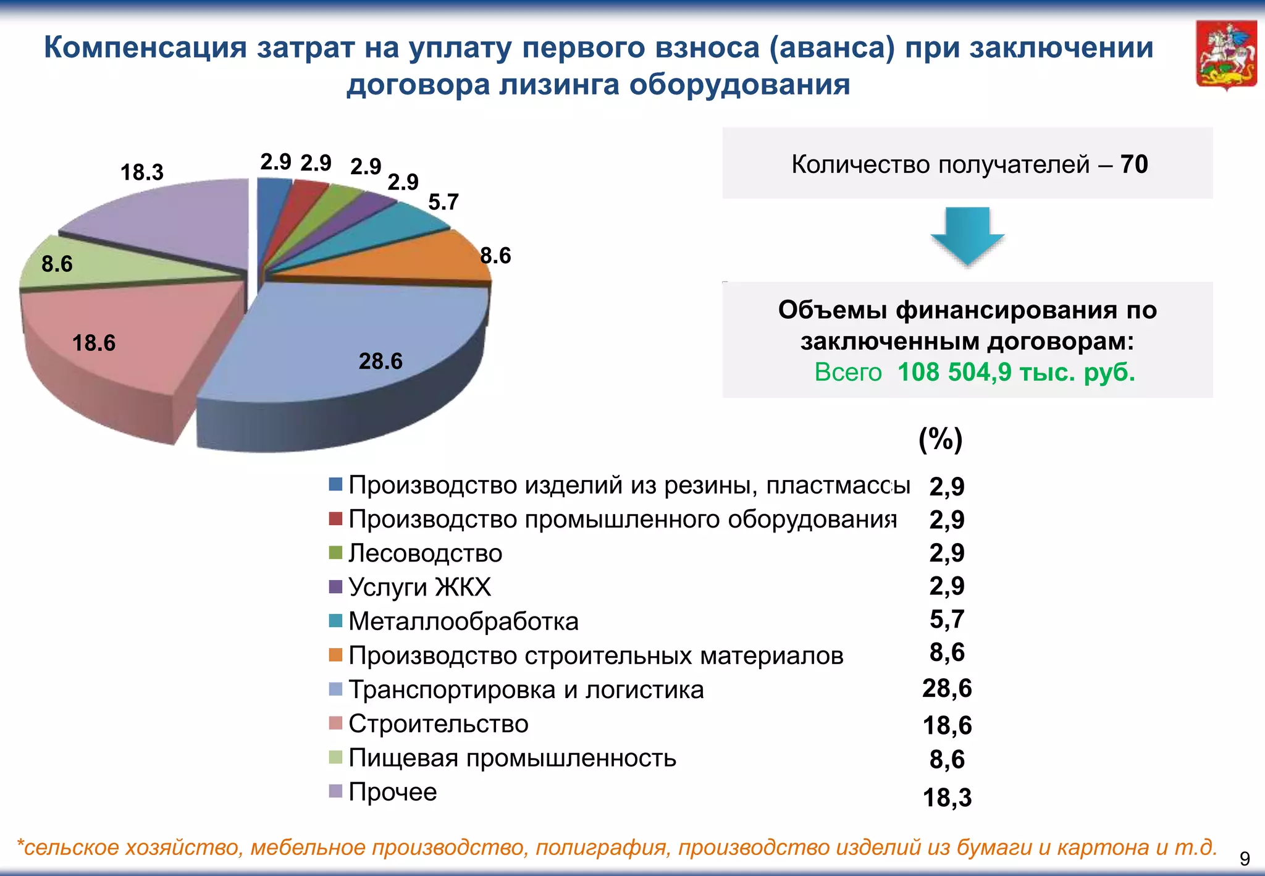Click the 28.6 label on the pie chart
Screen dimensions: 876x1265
380,361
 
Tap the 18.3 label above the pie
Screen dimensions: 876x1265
141,172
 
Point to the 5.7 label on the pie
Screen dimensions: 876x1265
443,202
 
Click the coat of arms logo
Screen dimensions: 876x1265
1226,56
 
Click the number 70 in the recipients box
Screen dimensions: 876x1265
1134,164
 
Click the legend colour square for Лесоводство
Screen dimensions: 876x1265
335,552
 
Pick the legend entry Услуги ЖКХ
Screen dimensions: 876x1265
419,587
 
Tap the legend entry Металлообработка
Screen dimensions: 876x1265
463,621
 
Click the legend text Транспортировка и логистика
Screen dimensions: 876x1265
526,689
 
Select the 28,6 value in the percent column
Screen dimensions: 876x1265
947,688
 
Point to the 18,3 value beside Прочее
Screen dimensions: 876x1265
947,798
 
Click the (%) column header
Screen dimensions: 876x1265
941,439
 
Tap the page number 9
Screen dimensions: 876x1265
1245,859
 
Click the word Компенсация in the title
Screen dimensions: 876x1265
146,48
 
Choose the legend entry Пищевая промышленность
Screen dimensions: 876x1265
512,757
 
